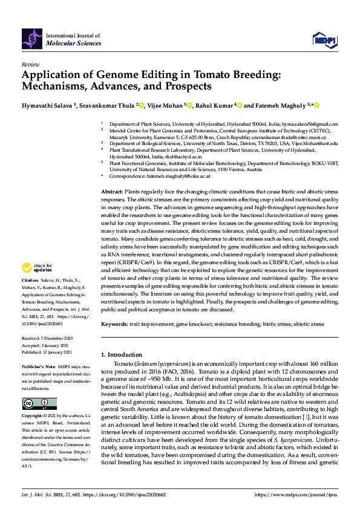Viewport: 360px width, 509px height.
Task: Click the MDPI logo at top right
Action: tap(324, 40)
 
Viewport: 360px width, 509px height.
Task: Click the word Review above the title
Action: tap(30, 63)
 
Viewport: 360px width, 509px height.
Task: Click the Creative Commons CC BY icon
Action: tap(39, 403)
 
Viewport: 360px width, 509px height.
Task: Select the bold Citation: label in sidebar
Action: tap(31, 281)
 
